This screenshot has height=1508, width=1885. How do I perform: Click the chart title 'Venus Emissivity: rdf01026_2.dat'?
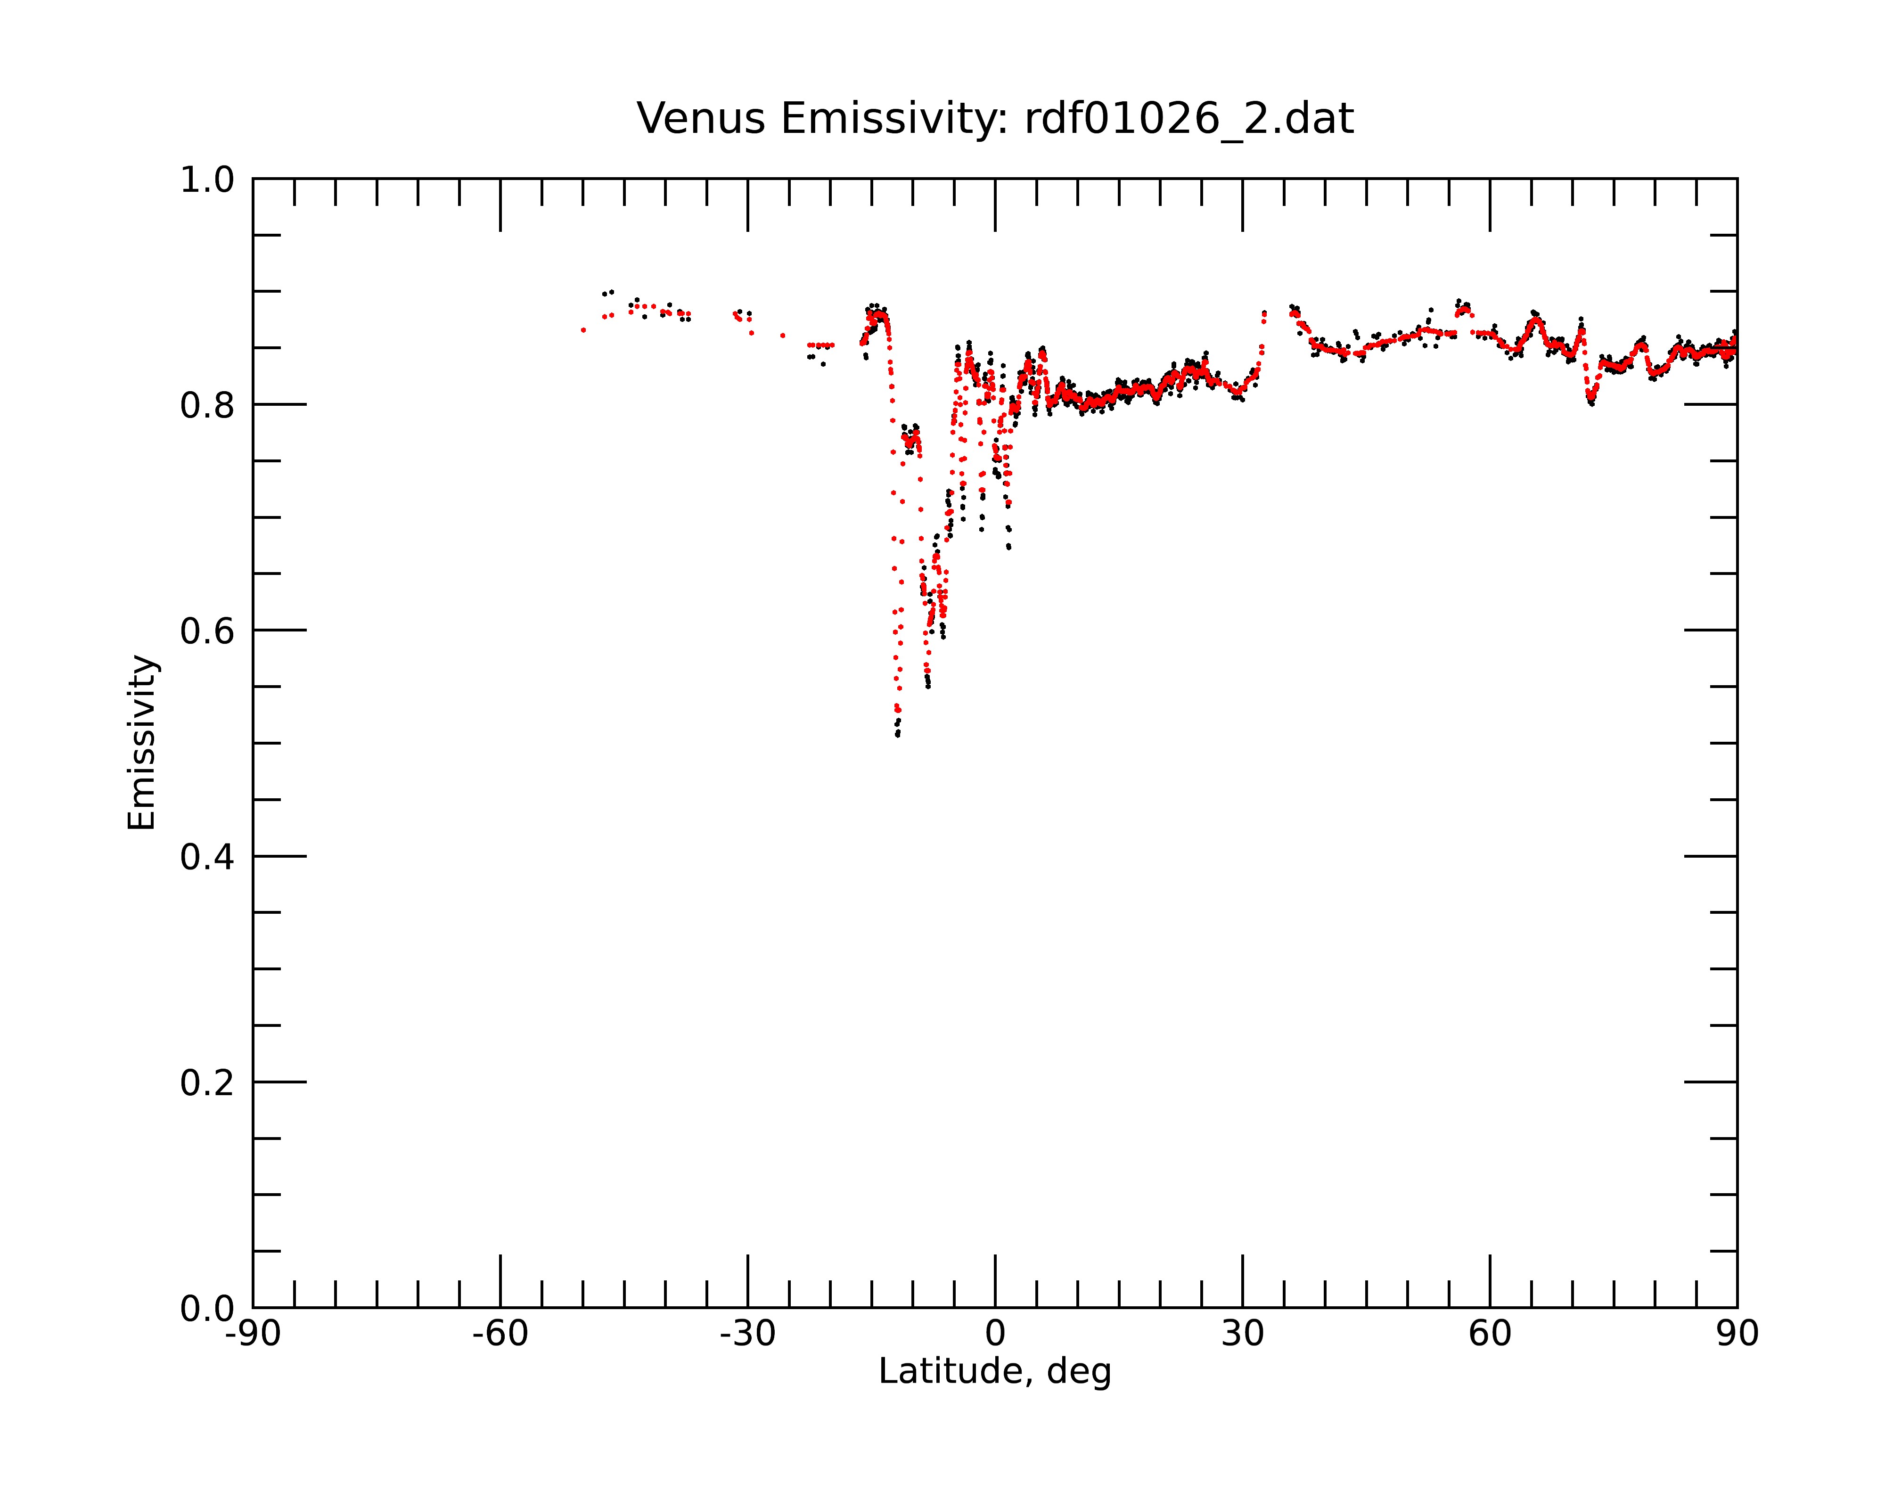tap(995, 119)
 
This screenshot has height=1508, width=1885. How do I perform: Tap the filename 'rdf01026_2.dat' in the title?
tap(1189, 119)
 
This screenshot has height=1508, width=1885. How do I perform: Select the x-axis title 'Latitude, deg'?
tap(995, 1372)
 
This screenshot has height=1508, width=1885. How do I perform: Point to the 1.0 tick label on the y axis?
tap(207, 180)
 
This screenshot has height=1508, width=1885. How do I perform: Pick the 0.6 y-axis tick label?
tap(207, 631)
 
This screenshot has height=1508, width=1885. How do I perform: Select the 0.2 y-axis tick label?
tap(207, 1083)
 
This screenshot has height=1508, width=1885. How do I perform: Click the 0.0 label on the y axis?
tap(207, 1309)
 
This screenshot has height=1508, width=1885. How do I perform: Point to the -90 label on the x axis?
tap(253, 1334)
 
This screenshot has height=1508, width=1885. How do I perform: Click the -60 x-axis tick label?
tap(500, 1334)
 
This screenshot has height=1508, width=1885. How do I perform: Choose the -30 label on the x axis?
tap(747, 1334)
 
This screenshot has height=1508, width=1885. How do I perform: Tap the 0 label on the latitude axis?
tap(995, 1334)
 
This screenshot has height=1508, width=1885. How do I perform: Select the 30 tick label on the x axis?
tap(1242, 1334)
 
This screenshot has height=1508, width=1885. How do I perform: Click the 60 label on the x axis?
tap(1490, 1334)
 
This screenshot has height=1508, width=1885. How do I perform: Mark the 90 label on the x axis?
tap(1737, 1334)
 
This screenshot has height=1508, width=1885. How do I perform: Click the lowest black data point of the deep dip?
tap(898, 735)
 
